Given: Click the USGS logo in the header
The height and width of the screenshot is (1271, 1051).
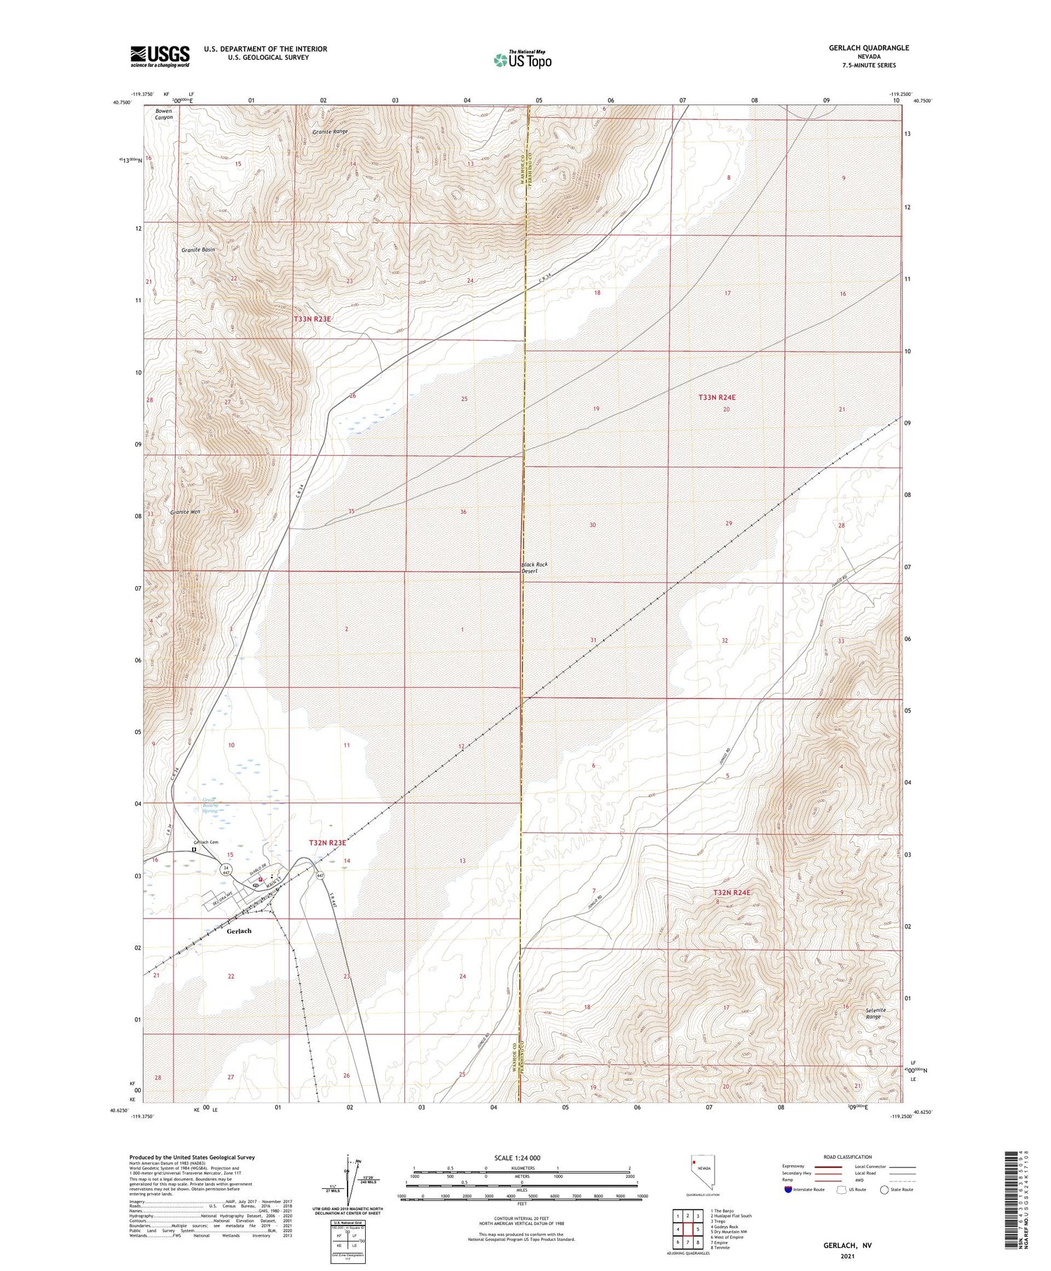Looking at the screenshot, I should [160, 56].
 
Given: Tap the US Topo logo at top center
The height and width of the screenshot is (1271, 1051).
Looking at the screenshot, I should [522, 60].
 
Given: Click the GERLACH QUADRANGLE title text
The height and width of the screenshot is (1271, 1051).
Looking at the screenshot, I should [869, 48].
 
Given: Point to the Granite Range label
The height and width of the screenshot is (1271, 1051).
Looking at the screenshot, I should [330, 131].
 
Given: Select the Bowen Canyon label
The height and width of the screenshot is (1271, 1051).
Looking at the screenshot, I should [164, 114].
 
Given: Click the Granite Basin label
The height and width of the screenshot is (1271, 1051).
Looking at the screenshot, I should [198, 250].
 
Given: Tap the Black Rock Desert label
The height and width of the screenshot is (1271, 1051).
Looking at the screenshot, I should [534, 568].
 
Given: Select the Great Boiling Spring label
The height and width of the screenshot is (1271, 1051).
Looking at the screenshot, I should [210, 805].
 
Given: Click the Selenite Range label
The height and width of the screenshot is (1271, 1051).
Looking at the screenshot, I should [876, 1013].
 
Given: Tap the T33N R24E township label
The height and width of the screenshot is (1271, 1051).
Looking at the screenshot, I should [717, 397].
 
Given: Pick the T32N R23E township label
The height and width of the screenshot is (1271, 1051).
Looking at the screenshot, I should [327, 842].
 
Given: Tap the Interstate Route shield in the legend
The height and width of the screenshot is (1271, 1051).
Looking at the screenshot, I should [788, 1190].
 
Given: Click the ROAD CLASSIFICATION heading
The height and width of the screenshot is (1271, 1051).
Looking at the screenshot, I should [848, 1157].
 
